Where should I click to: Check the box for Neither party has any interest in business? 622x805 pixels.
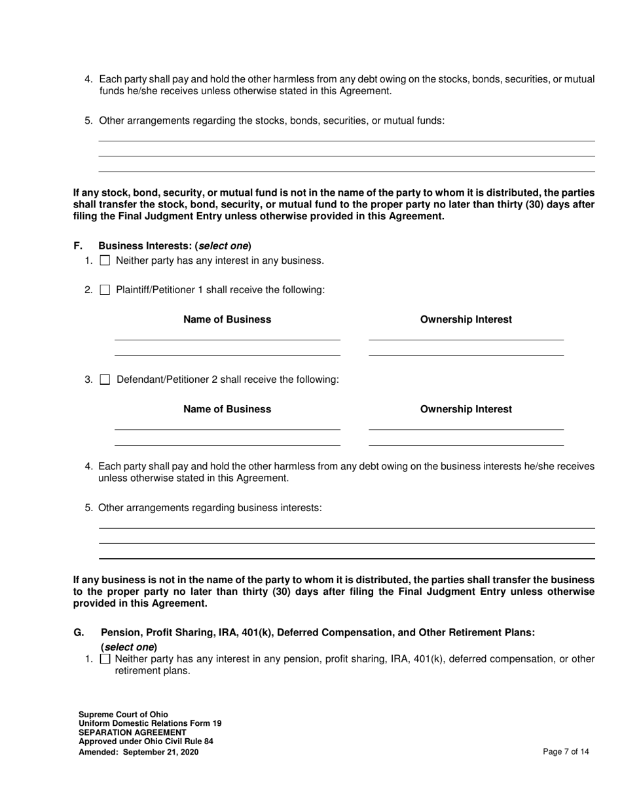(x=105, y=260)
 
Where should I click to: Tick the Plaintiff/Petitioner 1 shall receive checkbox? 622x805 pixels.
(x=105, y=290)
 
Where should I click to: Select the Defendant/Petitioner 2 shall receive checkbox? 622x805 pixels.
(x=105, y=380)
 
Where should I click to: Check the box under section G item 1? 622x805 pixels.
(x=105, y=659)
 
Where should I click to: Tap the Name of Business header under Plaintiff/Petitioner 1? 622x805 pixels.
(x=227, y=319)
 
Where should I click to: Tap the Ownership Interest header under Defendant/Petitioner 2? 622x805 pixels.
(x=466, y=409)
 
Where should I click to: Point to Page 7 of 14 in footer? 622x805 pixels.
(x=566, y=752)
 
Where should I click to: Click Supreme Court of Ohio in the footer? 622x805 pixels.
(x=123, y=715)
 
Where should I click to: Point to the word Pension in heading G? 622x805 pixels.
(x=120, y=632)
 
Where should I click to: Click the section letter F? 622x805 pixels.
(x=78, y=246)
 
